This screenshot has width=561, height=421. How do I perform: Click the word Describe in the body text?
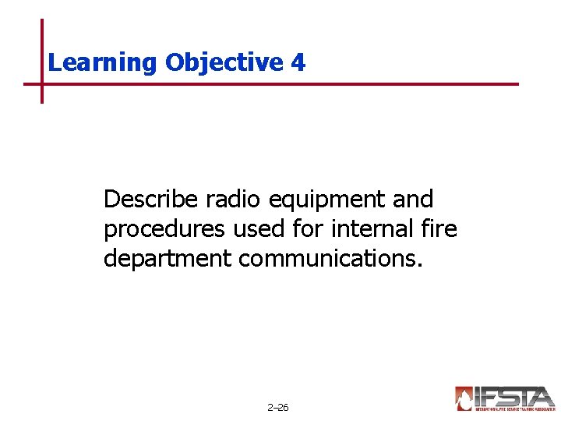[x=151, y=200]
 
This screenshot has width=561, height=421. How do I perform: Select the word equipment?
[x=326, y=201]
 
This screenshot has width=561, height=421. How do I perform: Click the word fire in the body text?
[x=441, y=229]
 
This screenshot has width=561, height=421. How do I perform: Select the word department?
[x=168, y=259]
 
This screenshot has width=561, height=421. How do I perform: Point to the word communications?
[x=330, y=258]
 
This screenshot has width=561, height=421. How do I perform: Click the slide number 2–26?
[x=277, y=408]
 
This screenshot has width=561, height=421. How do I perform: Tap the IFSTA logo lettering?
[x=514, y=396]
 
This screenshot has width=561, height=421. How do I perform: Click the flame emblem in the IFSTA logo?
[x=464, y=398]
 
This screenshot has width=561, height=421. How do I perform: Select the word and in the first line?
[x=413, y=200]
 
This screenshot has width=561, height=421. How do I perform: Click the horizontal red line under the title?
[x=312, y=83]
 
